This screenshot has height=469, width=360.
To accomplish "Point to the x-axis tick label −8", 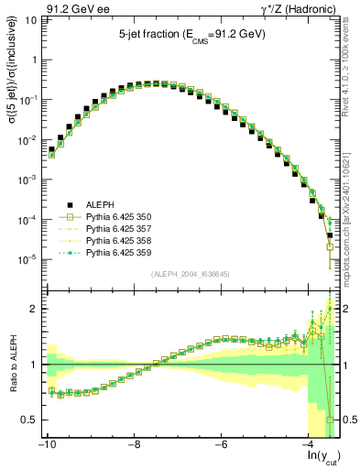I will (134, 444).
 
